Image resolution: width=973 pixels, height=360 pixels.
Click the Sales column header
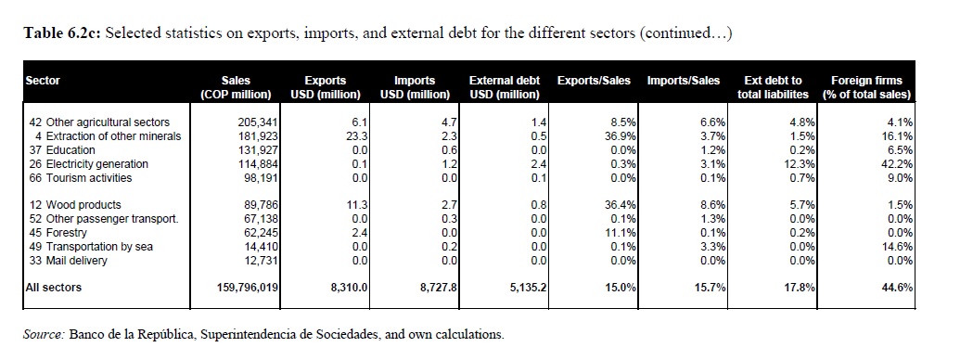[236, 87]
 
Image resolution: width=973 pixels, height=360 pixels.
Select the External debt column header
[505, 87]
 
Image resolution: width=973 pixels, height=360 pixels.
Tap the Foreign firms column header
[866, 87]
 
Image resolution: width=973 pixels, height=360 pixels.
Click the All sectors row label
[54, 288]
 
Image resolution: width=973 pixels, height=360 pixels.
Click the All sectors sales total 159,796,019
[246, 288]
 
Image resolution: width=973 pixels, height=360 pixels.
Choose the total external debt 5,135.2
[528, 288]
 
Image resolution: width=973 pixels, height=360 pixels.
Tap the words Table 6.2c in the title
[62, 32]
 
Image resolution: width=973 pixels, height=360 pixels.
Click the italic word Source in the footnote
[44, 335]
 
